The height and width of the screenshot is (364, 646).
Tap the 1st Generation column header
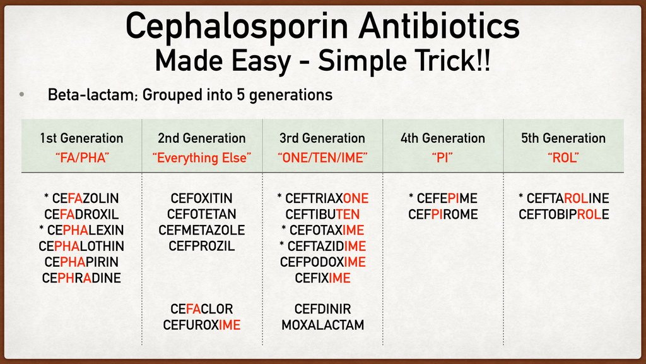81,138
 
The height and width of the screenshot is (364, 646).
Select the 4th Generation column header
443,138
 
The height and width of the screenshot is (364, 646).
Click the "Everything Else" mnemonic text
202,157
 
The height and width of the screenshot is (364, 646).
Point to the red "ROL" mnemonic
563,157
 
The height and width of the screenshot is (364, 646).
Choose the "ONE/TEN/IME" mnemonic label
322,157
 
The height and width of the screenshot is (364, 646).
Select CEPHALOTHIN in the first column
81,246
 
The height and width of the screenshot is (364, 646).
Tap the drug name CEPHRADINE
81,277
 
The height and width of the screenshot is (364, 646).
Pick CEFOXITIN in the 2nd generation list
202,198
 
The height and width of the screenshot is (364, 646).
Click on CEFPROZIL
202,246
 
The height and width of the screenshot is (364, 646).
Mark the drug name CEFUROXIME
202,325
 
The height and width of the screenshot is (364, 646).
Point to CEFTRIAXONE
326,198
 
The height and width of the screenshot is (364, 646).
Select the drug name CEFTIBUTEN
322,214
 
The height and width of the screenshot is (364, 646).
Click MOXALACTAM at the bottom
322,325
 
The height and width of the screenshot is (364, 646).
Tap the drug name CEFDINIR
322,309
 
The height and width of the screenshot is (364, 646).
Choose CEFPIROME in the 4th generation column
443,214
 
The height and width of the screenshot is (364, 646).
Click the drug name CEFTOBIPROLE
563,214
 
